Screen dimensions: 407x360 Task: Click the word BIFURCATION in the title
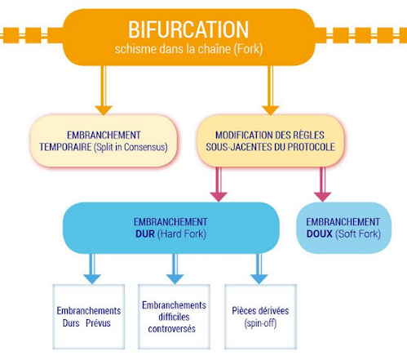[x=188, y=29]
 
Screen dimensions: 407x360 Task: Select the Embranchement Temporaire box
[x=104, y=140]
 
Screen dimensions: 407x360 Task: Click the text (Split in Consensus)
[x=131, y=147]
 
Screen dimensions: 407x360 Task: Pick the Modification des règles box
[x=270, y=140]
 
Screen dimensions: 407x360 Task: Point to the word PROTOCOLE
[x=311, y=147]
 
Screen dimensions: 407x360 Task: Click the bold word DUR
[x=145, y=233]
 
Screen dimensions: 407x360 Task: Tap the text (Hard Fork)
[x=182, y=234]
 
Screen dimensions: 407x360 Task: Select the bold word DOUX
[x=320, y=233]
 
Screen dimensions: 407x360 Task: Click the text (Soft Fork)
[x=358, y=234]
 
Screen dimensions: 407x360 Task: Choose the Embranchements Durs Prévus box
[x=89, y=317]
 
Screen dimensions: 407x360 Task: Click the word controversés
[x=172, y=329]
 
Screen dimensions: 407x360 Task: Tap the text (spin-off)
[x=260, y=323]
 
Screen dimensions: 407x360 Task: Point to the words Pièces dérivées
[x=260, y=311]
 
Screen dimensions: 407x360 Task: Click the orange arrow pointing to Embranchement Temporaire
[x=104, y=91]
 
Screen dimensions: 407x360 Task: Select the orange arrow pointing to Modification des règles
[x=271, y=91]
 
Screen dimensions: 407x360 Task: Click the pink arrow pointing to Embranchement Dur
[x=219, y=184]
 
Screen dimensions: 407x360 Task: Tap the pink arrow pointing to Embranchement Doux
[x=322, y=184]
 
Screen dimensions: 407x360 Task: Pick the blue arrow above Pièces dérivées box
[x=259, y=269]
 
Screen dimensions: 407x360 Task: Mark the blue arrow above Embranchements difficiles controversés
[x=175, y=269]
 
